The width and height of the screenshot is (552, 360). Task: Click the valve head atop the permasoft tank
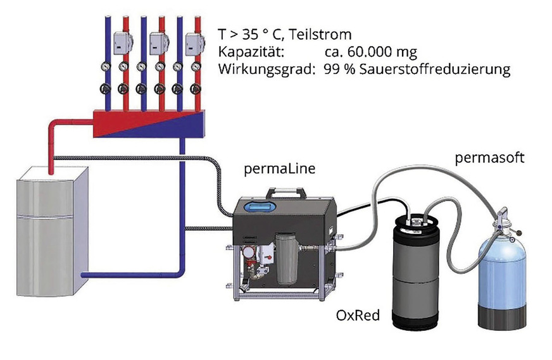pyautogui.click(x=503, y=218)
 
